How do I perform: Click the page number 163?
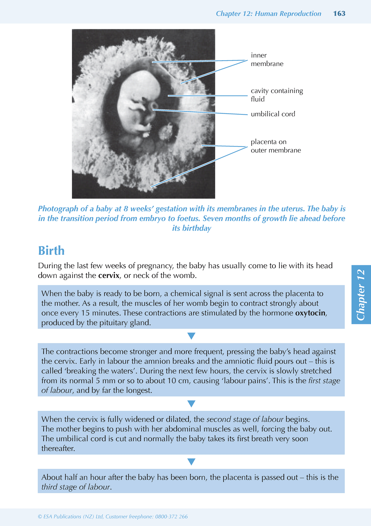(x=339, y=14)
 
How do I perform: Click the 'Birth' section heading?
(x=51, y=251)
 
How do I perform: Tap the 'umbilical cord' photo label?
(x=273, y=114)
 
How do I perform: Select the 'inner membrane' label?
(x=267, y=60)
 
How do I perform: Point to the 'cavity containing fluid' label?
(x=277, y=95)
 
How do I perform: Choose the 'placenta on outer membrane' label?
(x=276, y=146)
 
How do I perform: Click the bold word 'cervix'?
(x=109, y=276)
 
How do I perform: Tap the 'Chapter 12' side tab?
(x=361, y=294)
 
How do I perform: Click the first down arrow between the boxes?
(x=192, y=336)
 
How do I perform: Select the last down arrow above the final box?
(x=192, y=462)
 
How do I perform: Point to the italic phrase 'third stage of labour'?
(x=75, y=487)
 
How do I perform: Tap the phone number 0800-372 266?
(x=171, y=517)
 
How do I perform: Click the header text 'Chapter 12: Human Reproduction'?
(x=268, y=14)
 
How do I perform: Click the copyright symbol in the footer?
(x=40, y=517)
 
